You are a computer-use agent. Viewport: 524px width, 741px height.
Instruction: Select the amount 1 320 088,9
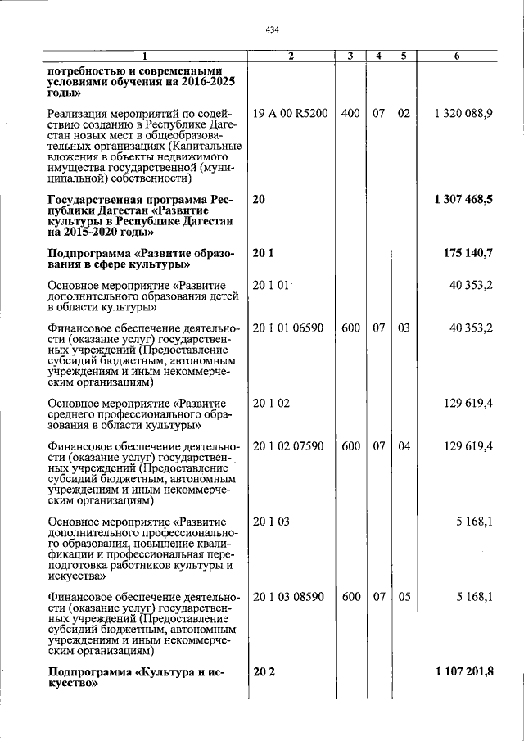[x=464, y=113]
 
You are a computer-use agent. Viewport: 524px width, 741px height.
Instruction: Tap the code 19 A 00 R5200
[x=291, y=113]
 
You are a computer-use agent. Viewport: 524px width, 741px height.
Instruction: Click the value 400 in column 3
[x=350, y=113]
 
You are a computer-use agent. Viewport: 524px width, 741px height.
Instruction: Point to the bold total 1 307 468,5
[x=463, y=199]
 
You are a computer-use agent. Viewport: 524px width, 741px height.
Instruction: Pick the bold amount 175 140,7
[x=468, y=254]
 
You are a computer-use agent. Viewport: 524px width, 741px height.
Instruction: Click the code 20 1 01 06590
[x=289, y=328]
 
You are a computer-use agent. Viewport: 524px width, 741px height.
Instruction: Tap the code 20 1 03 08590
[x=289, y=597]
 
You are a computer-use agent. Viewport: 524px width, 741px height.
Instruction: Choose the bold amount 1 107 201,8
[x=463, y=672]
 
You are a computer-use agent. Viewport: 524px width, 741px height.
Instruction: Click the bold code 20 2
[x=262, y=672]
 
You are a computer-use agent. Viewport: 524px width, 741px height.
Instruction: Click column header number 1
[x=144, y=56]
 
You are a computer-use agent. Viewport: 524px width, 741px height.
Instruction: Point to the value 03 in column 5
[x=404, y=328]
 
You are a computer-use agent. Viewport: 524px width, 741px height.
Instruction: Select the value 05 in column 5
[x=404, y=597]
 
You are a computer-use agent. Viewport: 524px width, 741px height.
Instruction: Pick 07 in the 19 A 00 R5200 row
[x=378, y=113]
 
